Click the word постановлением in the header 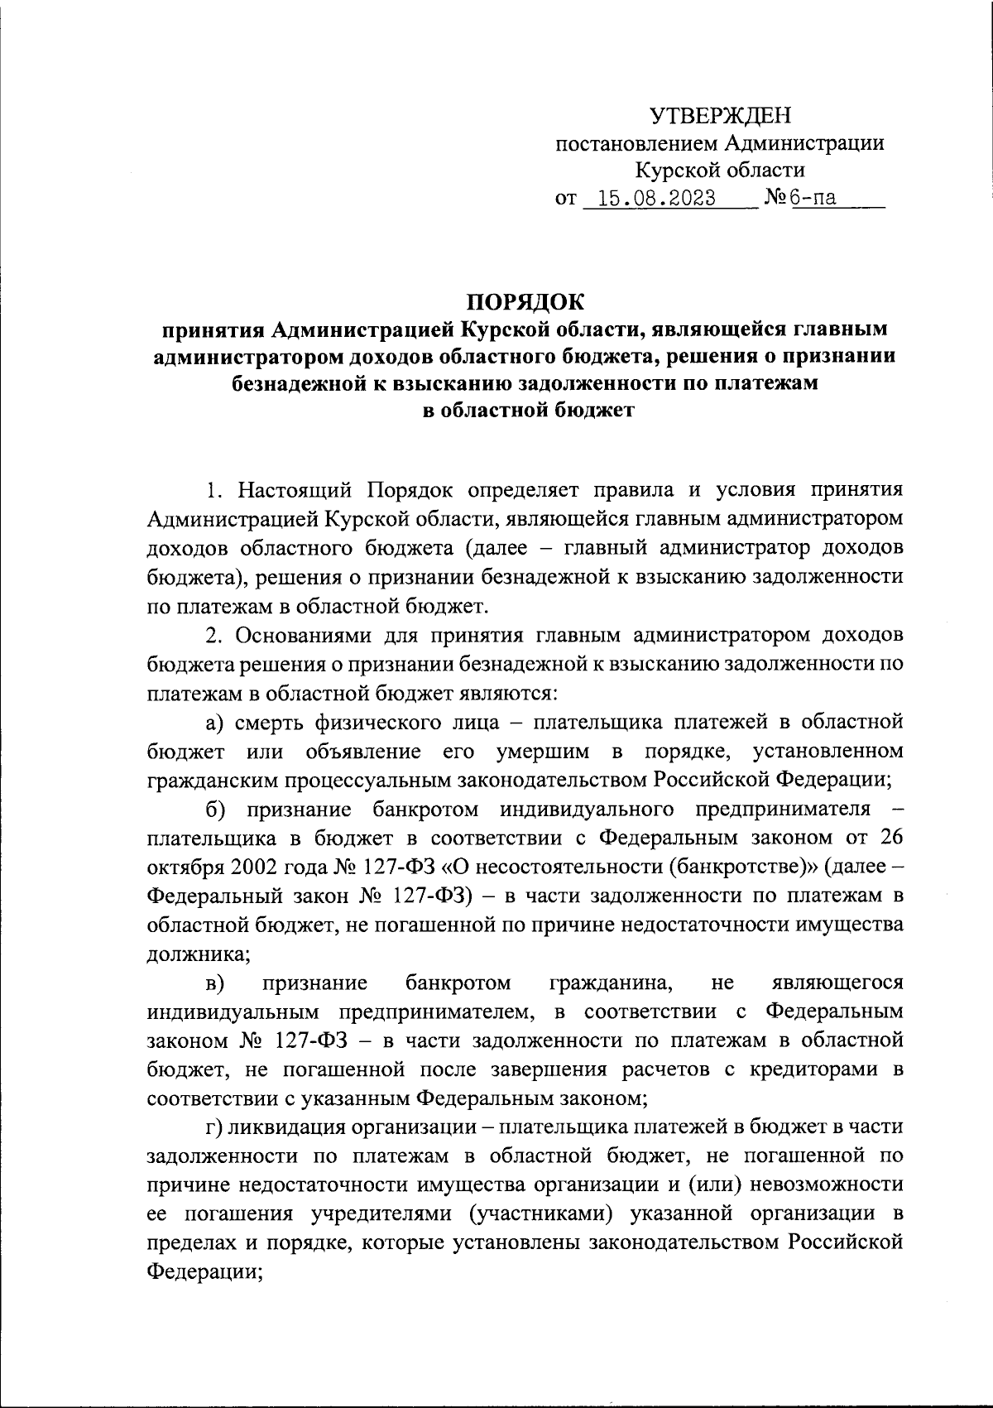tap(636, 144)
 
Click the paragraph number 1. tap(213, 490)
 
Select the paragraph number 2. tap(213, 635)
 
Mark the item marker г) tap(214, 1127)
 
